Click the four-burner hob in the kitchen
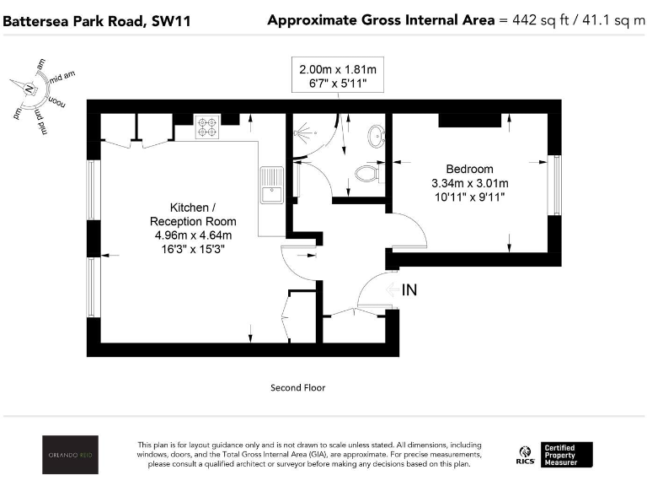207,127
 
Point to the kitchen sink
272,185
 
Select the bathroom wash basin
377,134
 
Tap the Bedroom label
469,170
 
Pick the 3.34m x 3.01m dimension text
469,183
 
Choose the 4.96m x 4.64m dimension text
193,235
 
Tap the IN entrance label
409,290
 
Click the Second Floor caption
297,388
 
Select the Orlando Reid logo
71,455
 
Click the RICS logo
526,456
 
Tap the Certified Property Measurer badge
568,455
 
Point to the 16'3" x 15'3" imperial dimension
193,249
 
